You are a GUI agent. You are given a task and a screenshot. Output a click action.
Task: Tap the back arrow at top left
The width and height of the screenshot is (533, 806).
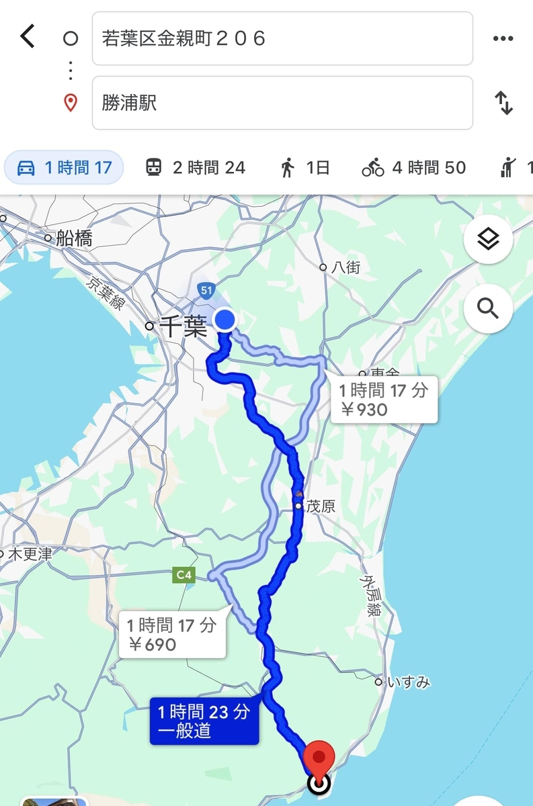tap(28, 36)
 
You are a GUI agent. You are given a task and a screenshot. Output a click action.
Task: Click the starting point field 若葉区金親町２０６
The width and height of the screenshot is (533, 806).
tap(282, 39)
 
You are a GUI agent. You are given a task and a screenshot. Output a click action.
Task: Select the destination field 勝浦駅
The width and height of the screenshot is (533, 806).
tap(282, 103)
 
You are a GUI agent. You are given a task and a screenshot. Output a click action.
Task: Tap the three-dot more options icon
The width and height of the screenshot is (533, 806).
tap(503, 39)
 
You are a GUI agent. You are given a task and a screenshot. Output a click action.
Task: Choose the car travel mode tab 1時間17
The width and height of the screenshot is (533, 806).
tap(64, 167)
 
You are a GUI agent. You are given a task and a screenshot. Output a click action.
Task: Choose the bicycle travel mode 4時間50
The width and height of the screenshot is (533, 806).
tap(414, 167)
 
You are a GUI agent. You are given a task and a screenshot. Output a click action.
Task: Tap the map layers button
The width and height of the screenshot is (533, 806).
tap(488, 239)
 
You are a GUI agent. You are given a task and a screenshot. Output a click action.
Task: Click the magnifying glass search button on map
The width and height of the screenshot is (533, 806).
tap(488, 308)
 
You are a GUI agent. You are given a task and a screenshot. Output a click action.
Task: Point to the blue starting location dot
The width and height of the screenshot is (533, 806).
tap(224, 319)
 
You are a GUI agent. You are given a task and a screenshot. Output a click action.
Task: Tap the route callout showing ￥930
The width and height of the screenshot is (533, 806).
tap(384, 399)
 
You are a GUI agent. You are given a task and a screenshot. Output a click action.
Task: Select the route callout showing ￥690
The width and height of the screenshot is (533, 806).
tap(172, 635)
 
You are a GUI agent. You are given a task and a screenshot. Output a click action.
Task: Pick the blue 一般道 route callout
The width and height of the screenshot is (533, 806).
tap(204, 721)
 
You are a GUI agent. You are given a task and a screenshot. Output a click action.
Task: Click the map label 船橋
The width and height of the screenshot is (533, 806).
tap(74, 238)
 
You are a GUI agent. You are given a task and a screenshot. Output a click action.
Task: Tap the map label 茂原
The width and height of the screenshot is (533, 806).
tap(320, 506)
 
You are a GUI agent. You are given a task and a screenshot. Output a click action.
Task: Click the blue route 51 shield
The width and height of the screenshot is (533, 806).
tap(206, 289)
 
